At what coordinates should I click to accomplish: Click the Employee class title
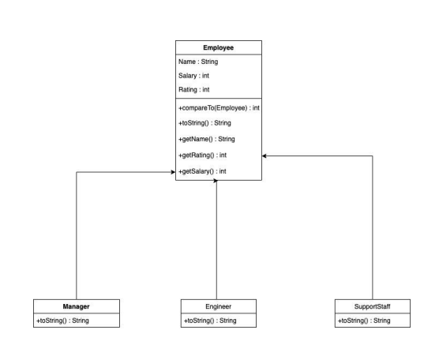[x=219, y=47]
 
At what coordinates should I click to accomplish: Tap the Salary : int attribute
[x=194, y=76]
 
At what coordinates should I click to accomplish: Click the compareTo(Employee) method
[x=219, y=107]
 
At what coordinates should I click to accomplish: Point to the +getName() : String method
[x=205, y=139]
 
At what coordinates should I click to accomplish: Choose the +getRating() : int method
[x=203, y=155]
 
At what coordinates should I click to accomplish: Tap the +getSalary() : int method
[x=203, y=171]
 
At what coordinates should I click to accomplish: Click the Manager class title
[x=77, y=306]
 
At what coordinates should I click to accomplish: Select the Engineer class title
[x=218, y=306]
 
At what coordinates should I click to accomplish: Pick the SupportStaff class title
[x=372, y=306]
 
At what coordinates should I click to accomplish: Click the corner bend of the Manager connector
[x=77, y=171]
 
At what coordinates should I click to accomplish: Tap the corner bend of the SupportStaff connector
[x=372, y=156]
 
